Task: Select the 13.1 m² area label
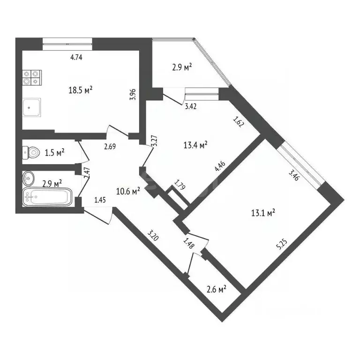coord(263,213)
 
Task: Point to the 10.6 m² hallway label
coord(128,191)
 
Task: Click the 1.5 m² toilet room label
coord(54,152)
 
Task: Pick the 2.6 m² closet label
coord(216,289)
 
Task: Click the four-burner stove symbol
coord(31,77)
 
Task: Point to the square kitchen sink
coord(31,108)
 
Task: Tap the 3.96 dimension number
coord(133,95)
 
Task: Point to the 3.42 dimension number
coord(190,106)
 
